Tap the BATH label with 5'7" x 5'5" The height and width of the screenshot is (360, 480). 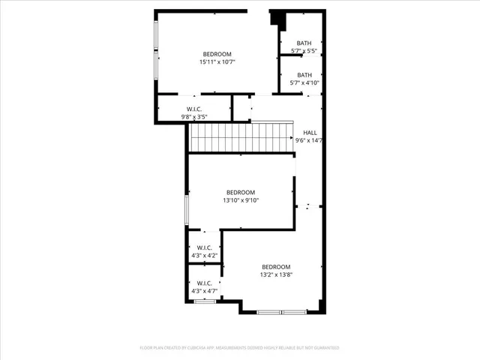304,43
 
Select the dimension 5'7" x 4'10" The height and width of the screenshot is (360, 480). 304,83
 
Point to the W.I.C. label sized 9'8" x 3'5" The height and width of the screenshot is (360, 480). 194,109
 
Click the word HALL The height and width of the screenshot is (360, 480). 310,132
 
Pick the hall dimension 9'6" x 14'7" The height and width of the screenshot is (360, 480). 310,140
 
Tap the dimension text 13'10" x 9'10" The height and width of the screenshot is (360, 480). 241,200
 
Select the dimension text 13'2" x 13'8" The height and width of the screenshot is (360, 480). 276,275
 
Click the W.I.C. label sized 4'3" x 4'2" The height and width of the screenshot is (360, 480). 205,247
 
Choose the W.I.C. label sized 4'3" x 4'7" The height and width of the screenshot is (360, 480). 205,282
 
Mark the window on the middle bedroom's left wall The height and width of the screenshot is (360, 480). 187,211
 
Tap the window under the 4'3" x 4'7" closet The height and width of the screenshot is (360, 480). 205,301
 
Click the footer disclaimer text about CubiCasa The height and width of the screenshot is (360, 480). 240,348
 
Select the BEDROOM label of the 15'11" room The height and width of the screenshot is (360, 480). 217,54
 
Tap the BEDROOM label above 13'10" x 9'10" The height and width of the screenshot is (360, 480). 241,192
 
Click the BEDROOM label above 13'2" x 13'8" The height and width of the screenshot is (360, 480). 276,267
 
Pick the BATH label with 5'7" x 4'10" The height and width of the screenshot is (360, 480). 304,75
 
